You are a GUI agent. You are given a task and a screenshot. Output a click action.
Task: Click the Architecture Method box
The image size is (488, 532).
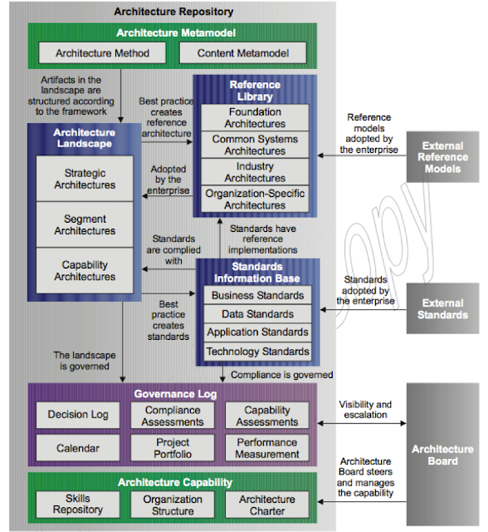click(x=102, y=53)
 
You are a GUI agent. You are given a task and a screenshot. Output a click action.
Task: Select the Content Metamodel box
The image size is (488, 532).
click(x=242, y=53)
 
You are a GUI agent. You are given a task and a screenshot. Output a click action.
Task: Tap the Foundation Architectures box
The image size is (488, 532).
click(x=255, y=117)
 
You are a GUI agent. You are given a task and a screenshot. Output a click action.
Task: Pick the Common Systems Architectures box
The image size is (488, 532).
click(x=255, y=145)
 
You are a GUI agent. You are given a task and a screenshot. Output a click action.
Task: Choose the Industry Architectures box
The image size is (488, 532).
click(x=255, y=172)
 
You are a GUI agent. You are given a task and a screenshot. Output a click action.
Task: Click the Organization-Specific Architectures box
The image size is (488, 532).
click(x=255, y=199)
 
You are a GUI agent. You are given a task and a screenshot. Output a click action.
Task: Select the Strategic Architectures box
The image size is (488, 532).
click(x=85, y=179)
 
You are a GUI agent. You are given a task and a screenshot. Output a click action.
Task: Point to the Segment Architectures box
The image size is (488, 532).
click(x=85, y=224)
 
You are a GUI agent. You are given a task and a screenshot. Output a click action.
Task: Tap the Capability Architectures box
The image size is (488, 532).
click(x=85, y=270)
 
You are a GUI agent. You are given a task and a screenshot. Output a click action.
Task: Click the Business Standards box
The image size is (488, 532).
click(x=257, y=295)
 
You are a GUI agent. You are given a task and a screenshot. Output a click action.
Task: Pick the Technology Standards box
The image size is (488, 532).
click(x=257, y=352)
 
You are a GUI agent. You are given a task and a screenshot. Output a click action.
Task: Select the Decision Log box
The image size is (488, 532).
click(x=78, y=415)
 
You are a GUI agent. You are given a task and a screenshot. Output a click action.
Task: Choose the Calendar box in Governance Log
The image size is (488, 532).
click(x=78, y=448)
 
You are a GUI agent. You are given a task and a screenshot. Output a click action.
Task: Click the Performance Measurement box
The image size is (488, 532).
click(x=267, y=448)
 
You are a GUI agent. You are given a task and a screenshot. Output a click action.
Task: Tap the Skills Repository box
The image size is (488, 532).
click(x=78, y=504)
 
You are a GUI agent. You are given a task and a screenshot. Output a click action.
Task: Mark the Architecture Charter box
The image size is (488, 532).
click(x=267, y=504)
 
